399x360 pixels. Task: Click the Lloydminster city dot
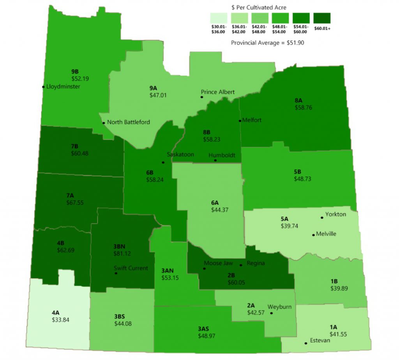pos(43,86)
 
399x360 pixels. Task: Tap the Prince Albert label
pos(218,92)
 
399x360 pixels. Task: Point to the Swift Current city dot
pos(116,274)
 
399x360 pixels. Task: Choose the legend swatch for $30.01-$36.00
pos(219,18)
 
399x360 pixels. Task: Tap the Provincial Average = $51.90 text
pos(267,43)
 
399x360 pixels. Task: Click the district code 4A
pos(56,312)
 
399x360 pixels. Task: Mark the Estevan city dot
pos(305,343)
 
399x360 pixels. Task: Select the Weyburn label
pos(279,307)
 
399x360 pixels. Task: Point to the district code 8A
pos(300,100)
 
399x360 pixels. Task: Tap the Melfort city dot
pos(239,120)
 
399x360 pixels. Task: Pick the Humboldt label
pos(222,155)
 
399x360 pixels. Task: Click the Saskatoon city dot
pos(163,162)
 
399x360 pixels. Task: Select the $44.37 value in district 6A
pos(219,210)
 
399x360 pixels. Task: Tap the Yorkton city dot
pos(322,217)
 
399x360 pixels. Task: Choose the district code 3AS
pos(203,329)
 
